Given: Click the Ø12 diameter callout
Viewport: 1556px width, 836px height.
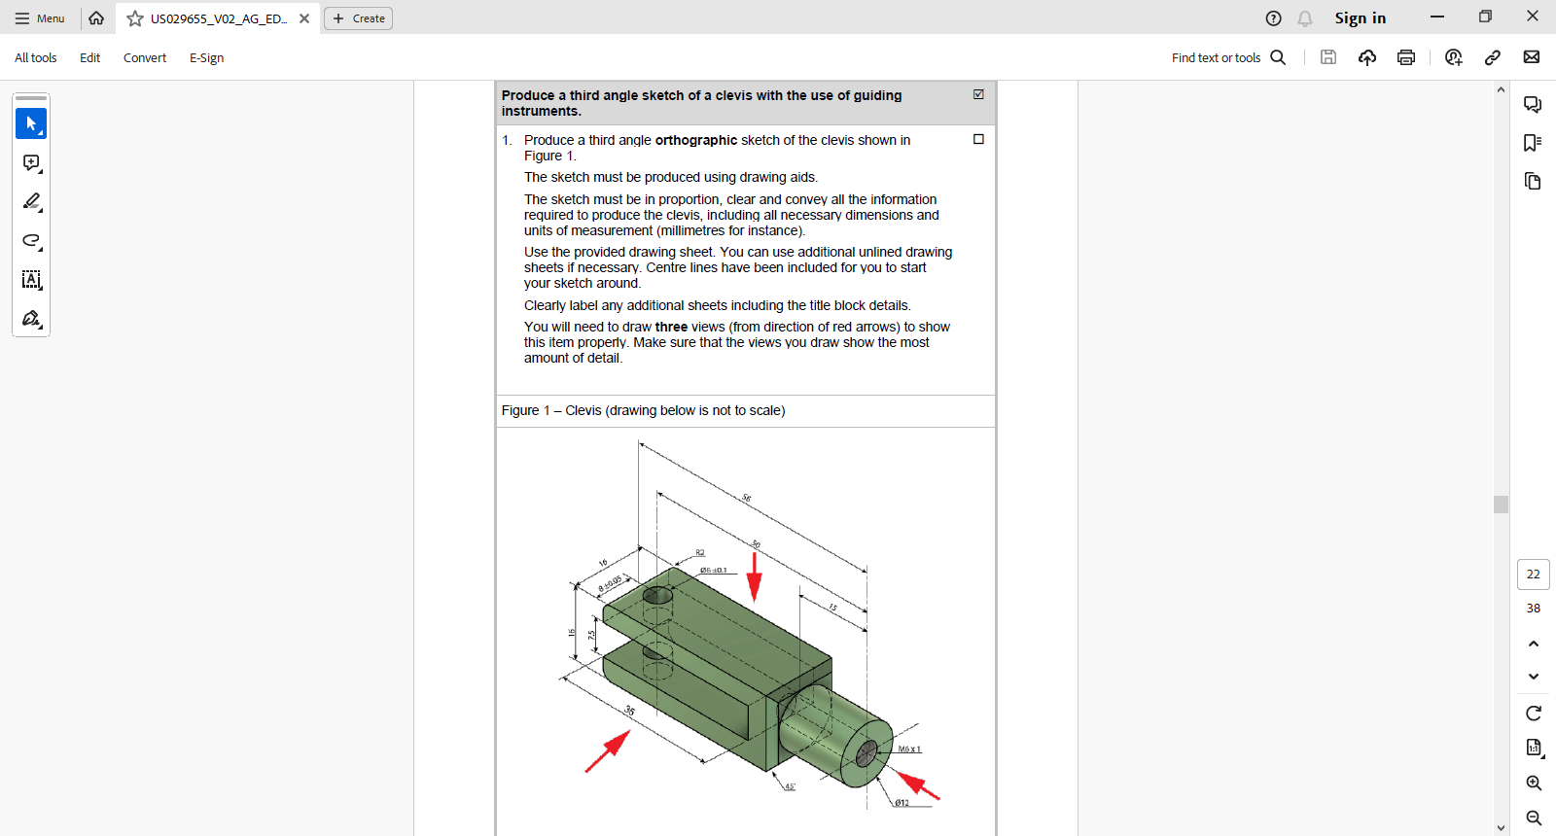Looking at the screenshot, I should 902,803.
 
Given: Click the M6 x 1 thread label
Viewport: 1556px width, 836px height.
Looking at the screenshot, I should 909,749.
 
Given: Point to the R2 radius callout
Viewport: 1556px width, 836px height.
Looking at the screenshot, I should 699,553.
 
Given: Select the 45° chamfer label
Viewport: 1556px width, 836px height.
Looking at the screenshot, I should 790,786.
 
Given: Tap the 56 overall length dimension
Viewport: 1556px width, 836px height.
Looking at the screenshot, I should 747,498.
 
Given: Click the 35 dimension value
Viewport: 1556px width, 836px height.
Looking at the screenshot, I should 629,712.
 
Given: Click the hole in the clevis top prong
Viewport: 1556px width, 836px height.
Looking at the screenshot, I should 658,595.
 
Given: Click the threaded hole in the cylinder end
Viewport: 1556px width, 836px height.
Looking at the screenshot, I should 866,752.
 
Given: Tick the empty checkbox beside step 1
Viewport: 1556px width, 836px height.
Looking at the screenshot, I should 978,139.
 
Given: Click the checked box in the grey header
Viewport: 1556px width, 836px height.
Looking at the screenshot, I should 978,94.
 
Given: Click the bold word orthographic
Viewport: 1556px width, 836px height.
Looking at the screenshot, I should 696,140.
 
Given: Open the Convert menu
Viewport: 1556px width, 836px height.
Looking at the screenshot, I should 145,58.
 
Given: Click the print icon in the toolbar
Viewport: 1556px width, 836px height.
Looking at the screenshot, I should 1406,57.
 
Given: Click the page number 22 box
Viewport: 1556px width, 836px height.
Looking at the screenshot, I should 1533,575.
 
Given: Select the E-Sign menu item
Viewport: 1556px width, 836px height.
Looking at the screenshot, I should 206,58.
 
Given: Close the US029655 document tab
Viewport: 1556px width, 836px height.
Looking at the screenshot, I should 304,18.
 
